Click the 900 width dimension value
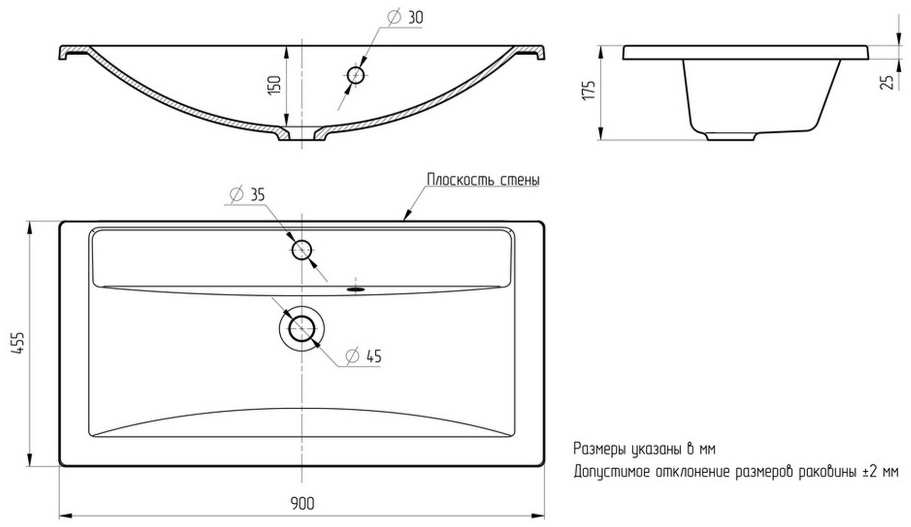(303, 504)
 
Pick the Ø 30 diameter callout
(406, 17)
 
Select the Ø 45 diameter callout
(364, 356)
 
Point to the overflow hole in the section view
(356, 75)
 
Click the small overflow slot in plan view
(356, 289)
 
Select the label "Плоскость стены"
(483, 180)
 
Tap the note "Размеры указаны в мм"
(644, 449)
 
